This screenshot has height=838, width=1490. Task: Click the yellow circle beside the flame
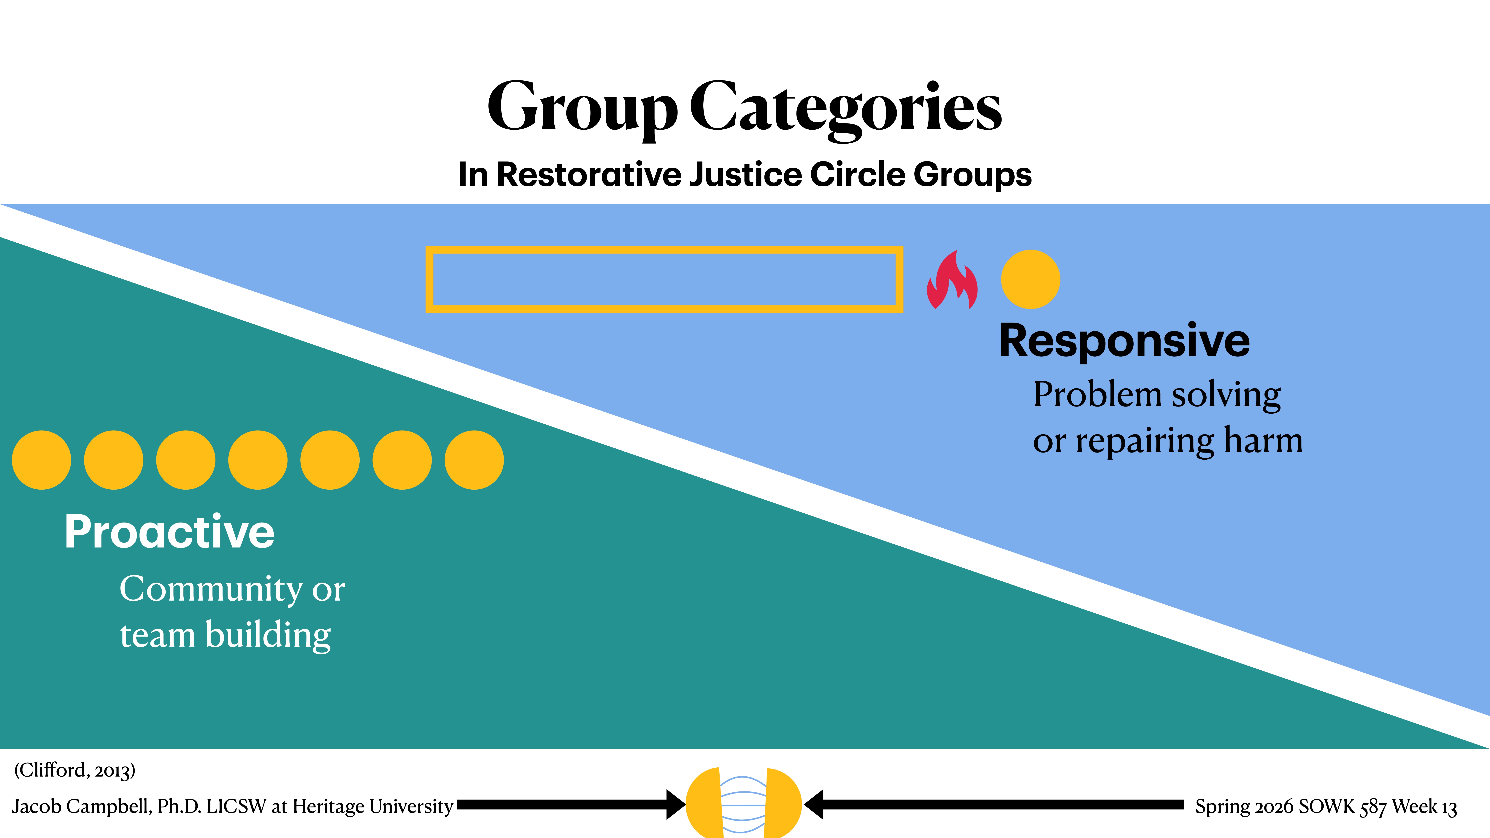tap(1030, 279)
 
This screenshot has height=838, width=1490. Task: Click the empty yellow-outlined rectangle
tap(664, 279)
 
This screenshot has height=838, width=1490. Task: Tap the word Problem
tap(1097, 395)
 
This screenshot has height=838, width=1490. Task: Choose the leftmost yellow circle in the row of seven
tap(42, 460)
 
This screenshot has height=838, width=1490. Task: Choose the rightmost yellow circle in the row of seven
tap(474, 460)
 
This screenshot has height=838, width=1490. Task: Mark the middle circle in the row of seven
tap(258, 460)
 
